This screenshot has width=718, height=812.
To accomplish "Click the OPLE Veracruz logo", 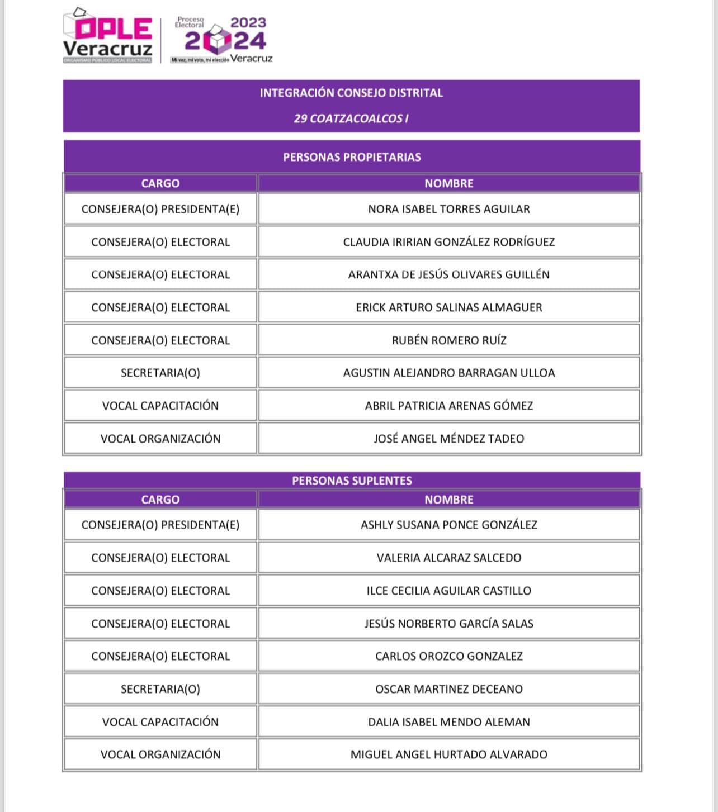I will point(107,36).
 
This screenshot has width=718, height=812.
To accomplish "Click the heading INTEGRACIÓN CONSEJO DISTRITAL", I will point(351,93).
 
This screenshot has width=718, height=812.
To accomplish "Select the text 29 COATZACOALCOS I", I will point(351,118).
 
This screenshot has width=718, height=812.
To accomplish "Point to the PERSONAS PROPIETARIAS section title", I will point(352,157).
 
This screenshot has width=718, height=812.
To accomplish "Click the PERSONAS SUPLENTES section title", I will point(352,481).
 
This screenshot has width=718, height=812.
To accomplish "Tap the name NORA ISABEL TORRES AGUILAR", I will point(448,209).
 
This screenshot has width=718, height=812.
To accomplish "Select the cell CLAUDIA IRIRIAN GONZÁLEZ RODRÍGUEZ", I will point(448,242).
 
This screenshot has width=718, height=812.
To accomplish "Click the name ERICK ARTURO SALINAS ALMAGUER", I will point(448,307).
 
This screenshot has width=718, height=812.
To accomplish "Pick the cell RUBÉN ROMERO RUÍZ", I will point(448,340).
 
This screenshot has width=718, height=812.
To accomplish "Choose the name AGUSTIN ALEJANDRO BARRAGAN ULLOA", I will point(448,373).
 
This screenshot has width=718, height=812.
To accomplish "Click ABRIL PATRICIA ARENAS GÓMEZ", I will point(448,406).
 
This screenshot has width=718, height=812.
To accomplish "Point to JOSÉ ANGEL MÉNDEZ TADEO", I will point(448,439).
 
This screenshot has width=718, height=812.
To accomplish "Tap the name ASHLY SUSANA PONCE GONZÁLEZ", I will point(448,525).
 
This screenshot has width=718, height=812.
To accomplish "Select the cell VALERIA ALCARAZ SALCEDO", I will point(448,558).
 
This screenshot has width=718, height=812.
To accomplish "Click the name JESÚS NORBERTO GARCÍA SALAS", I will point(448,624).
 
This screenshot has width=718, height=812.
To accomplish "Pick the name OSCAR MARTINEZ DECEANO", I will point(448,689).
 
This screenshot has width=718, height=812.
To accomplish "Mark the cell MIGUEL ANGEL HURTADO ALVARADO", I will point(448,754).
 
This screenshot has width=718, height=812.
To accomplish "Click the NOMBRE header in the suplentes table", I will point(448,500).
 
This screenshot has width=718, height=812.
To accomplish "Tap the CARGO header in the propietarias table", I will point(160,183).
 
